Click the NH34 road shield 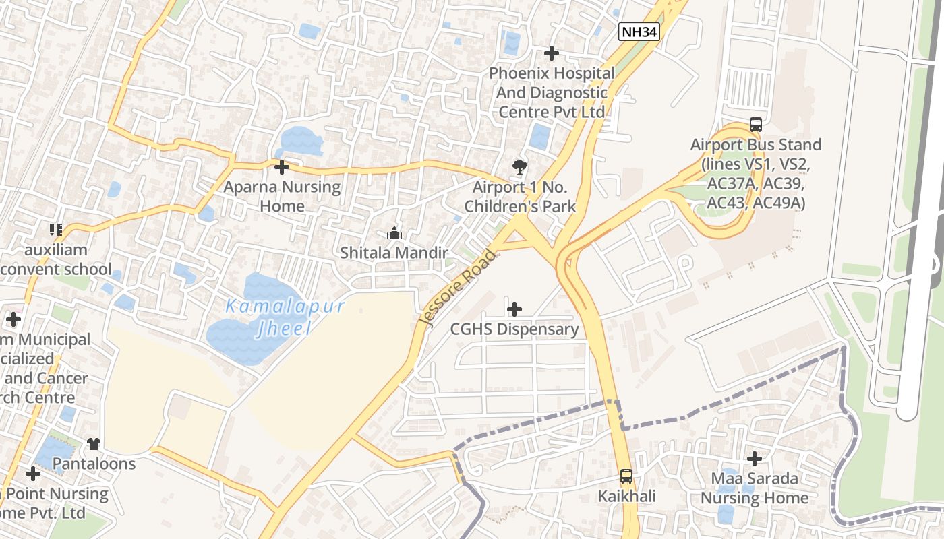639,31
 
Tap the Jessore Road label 458,287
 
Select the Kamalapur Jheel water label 285,317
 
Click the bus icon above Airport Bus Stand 755,125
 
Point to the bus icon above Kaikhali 626,476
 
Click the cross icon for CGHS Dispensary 514,309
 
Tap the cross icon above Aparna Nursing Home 282,167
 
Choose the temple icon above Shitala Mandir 394,234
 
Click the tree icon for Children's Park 519,166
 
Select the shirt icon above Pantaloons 94,444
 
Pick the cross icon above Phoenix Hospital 552,53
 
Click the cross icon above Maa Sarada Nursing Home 755,459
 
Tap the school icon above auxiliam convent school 56,230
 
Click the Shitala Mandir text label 394,253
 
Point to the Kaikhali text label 626,497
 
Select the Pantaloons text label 94,464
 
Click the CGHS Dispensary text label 514,329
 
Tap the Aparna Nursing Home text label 282,196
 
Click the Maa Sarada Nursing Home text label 755,488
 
